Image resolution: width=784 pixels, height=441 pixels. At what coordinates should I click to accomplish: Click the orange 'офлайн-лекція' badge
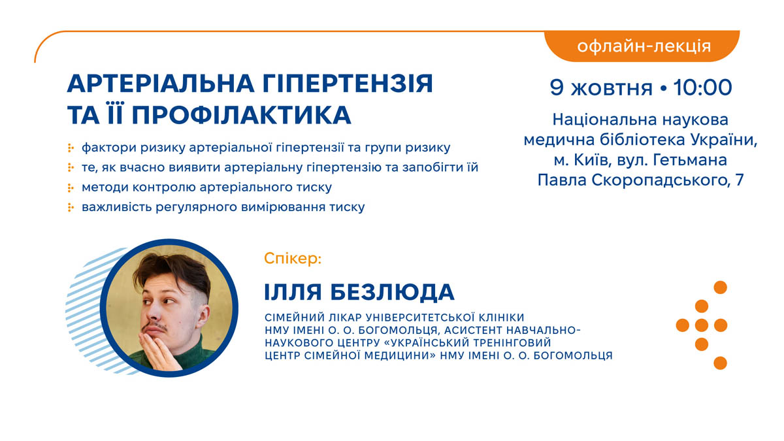(642, 46)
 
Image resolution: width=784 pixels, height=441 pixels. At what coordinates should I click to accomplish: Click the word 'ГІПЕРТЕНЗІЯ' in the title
(348, 84)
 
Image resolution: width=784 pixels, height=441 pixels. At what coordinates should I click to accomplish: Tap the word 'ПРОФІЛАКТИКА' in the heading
(242, 115)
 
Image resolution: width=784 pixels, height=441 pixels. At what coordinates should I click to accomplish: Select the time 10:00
(702, 87)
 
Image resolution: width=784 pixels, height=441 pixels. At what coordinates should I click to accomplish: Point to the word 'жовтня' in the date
(612, 88)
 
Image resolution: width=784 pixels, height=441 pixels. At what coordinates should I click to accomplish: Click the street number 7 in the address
(740, 180)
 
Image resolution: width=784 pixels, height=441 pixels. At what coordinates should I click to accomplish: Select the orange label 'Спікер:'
(293, 259)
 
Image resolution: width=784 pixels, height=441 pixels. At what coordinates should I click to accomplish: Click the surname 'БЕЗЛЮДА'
(393, 292)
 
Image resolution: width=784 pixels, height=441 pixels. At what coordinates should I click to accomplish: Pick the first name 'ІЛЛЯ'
(293, 292)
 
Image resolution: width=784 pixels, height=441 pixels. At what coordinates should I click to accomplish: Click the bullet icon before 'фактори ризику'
(71, 148)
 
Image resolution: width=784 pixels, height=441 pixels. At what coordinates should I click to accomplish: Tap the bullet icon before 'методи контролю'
(71, 188)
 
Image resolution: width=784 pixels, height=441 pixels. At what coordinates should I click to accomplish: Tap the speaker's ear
(203, 317)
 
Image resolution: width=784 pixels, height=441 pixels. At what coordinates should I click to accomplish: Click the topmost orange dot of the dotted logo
(720, 287)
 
